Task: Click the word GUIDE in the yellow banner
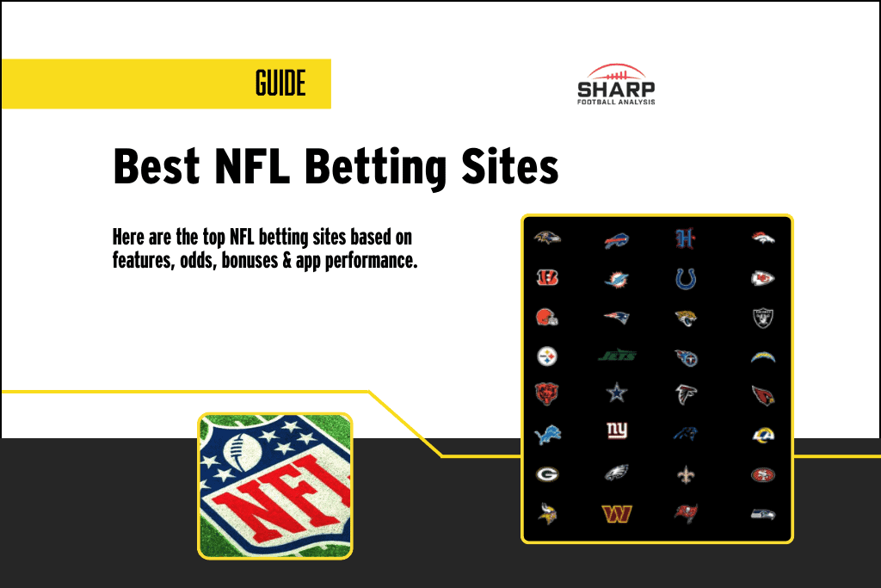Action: click(280, 84)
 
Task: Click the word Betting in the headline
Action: click(375, 165)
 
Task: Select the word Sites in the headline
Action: click(509, 165)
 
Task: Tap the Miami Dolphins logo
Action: click(617, 279)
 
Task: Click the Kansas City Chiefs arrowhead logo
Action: click(763, 278)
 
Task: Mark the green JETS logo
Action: click(617, 354)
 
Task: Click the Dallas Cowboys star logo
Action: click(617, 393)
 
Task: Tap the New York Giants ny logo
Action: click(617, 431)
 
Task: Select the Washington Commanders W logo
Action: click(617, 513)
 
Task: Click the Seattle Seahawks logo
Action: click(763, 513)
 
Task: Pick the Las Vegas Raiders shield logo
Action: click(763, 317)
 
